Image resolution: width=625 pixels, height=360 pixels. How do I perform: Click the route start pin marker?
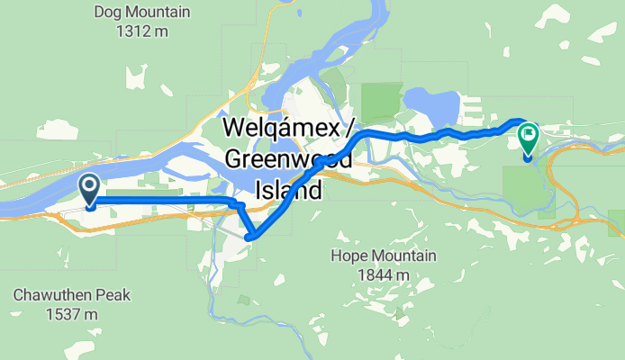90,189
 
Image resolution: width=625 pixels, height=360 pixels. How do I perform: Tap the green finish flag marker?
528,138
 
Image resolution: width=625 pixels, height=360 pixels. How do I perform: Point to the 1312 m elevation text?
142,32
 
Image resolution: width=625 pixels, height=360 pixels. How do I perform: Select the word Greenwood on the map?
287,160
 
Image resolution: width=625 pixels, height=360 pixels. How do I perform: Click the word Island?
288,191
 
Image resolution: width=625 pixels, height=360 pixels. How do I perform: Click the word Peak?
113,295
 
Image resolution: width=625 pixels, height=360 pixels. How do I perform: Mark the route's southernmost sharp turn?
251,237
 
